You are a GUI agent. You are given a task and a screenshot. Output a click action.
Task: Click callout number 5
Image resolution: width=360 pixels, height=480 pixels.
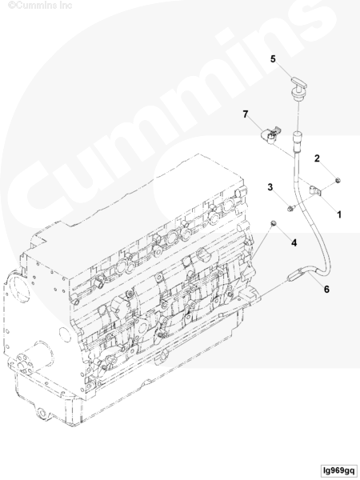point(273,58)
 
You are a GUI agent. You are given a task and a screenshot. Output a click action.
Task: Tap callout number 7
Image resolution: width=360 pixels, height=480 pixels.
point(246,114)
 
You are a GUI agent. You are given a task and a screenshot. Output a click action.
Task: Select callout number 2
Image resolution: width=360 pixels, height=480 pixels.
point(317,158)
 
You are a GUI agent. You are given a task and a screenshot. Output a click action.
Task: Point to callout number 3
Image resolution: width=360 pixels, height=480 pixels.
point(270,186)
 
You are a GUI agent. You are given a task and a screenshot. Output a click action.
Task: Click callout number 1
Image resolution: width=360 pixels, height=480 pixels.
point(339,214)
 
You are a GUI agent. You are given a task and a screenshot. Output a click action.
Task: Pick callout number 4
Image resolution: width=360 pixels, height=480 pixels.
point(294,242)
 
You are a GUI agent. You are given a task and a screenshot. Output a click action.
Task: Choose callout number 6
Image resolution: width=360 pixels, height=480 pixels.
point(326,289)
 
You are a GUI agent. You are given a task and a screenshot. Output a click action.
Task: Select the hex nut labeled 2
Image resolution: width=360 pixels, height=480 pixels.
point(338,181)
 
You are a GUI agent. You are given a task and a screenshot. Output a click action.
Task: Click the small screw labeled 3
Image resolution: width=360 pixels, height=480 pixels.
point(290,209)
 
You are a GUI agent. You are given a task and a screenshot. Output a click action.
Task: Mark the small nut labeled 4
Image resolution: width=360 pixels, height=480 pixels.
point(274,223)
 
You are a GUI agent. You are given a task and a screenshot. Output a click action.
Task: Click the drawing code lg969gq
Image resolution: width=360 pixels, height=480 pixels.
point(338,470)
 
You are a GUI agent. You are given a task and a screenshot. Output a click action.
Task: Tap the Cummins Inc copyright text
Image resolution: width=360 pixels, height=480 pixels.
point(40,6)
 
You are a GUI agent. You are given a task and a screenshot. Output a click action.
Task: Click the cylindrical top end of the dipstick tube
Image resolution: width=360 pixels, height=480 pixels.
point(298,142)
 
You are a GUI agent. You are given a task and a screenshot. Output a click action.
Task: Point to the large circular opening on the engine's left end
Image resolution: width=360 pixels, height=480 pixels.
point(18,292)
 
